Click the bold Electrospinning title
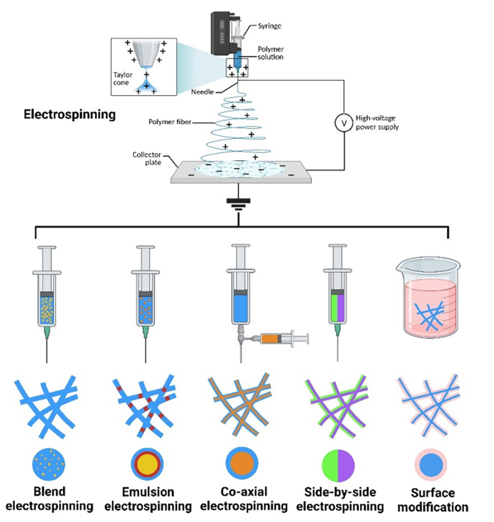pos(70,114)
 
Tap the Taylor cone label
pos(123,78)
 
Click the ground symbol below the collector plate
pos(238,204)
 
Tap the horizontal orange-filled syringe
pos(281,339)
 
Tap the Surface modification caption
pos(432,499)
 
